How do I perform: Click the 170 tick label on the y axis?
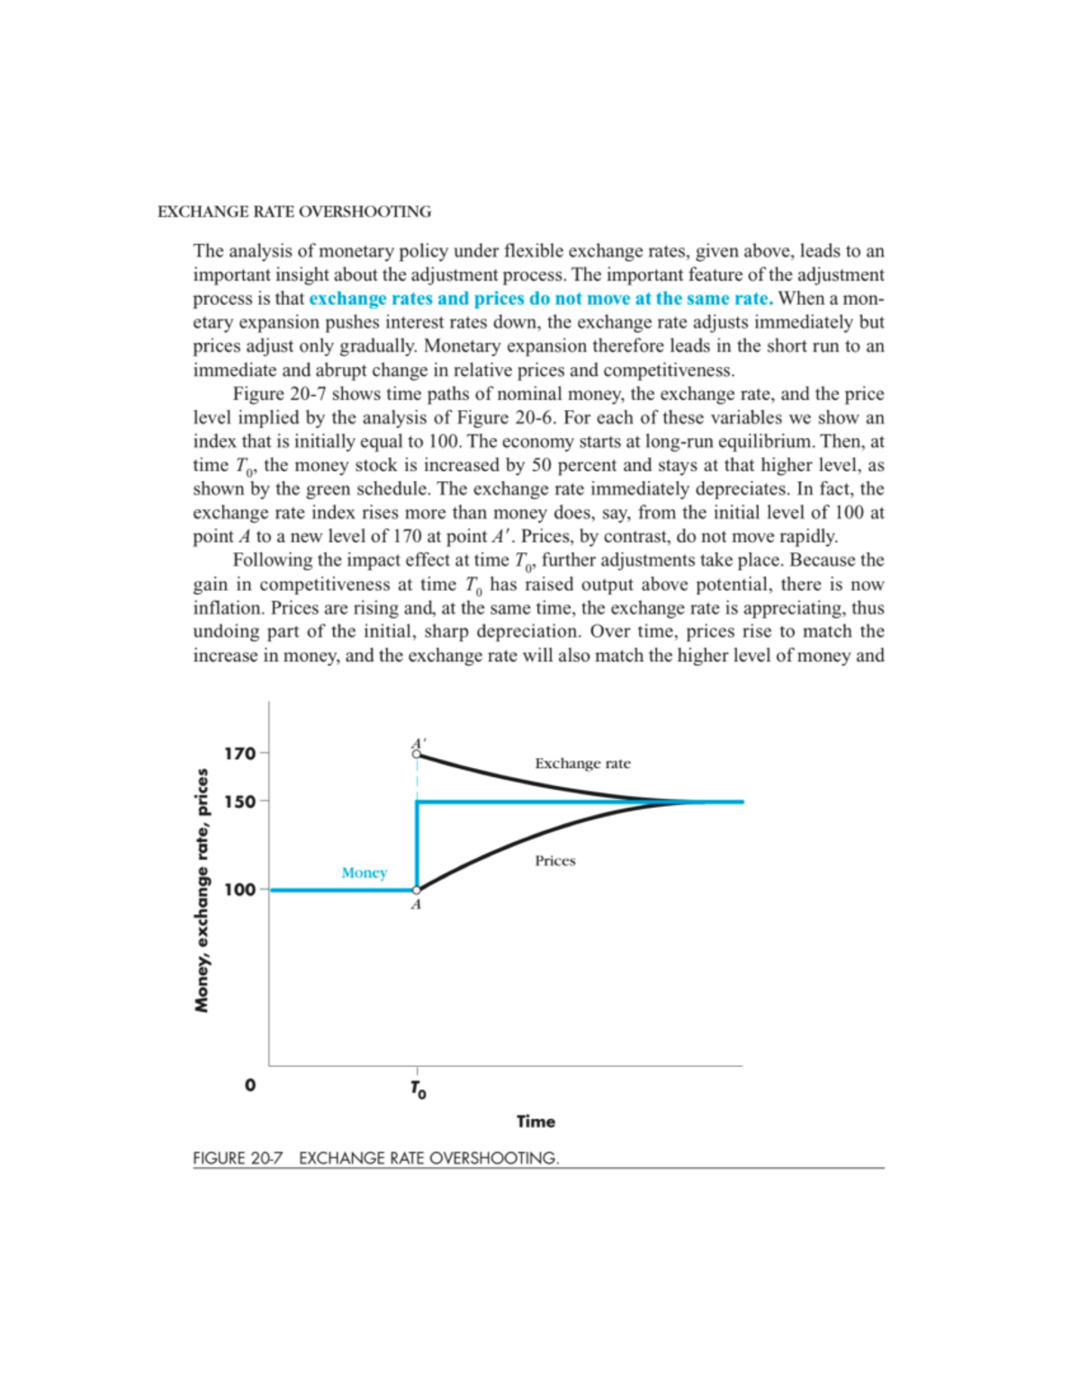coord(240,753)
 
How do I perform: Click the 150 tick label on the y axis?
coord(240,801)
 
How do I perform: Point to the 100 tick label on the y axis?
coord(240,890)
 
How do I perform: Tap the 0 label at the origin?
coord(250,1085)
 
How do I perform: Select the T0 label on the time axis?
coord(418,1089)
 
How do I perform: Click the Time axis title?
coord(535,1121)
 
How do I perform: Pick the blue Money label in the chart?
coord(364,873)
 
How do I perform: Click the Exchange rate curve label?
coord(582,764)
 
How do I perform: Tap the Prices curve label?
coord(554,861)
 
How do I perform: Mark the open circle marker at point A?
coord(417,890)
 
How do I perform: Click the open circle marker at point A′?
coord(417,754)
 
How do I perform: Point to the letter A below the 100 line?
coord(416,905)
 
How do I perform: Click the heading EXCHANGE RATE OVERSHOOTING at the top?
coord(294,212)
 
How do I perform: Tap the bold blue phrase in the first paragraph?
coord(540,299)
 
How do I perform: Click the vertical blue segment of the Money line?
coord(417,846)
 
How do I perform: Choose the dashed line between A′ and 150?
coord(417,779)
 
